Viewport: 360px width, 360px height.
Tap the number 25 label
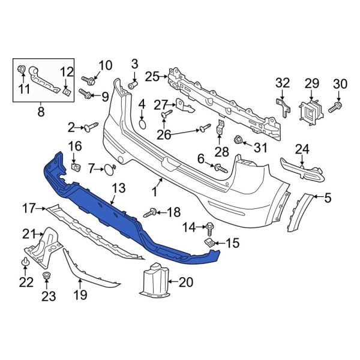point(152,76)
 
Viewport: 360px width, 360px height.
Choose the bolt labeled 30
point(335,106)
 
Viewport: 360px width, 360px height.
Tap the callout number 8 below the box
point(41,110)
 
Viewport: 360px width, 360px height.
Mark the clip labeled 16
point(76,166)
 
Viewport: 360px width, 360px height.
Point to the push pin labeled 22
point(26,263)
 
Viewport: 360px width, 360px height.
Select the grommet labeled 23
point(46,276)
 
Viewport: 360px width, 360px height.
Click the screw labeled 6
point(220,169)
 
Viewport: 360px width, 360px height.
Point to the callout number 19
point(80,294)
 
